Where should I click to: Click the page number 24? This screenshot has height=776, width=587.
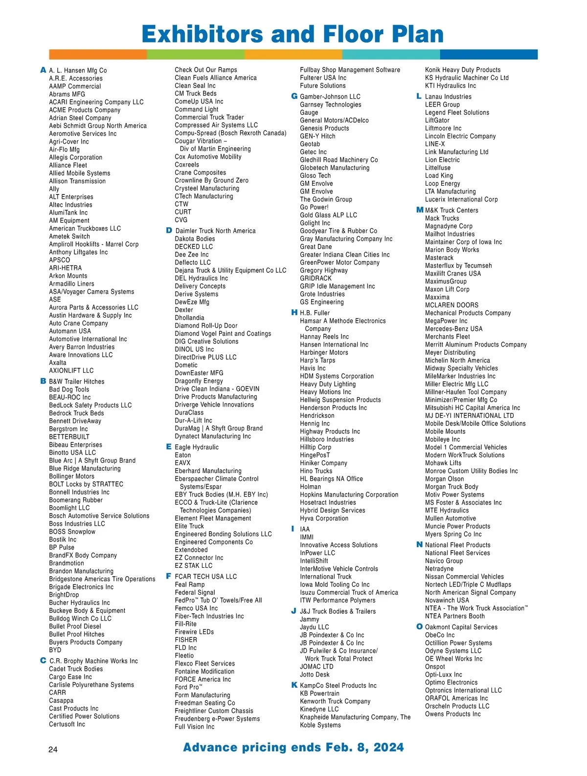click(x=53, y=749)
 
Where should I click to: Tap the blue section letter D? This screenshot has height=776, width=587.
click(x=169, y=230)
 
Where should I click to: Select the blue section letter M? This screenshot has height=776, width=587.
click(x=419, y=210)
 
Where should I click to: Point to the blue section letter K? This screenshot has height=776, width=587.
click(x=294, y=685)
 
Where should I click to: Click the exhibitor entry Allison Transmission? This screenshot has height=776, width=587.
click(x=77, y=181)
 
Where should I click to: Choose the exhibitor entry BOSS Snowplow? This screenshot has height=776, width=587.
click(x=72, y=532)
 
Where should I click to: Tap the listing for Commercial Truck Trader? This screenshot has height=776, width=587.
click(x=209, y=117)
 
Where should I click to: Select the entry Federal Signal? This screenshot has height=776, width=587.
click(x=195, y=592)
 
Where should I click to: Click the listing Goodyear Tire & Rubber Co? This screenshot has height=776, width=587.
click(x=339, y=231)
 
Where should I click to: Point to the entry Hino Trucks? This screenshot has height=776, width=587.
click(x=316, y=471)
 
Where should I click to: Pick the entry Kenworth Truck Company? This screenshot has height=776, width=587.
click(x=335, y=701)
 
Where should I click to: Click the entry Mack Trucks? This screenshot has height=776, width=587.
click(x=442, y=218)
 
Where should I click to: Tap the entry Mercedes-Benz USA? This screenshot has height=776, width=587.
click(x=453, y=329)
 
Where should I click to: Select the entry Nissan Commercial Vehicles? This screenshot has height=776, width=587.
click(x=464, y=577)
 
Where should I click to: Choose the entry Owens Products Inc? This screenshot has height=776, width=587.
click(x=452, y=714)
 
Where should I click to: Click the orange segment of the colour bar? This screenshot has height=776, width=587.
click(x=98, y=54)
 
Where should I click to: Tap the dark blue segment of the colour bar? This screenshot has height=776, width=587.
click(x=489, y=54)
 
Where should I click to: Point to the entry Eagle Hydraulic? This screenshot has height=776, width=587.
click(x=197, y=447)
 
